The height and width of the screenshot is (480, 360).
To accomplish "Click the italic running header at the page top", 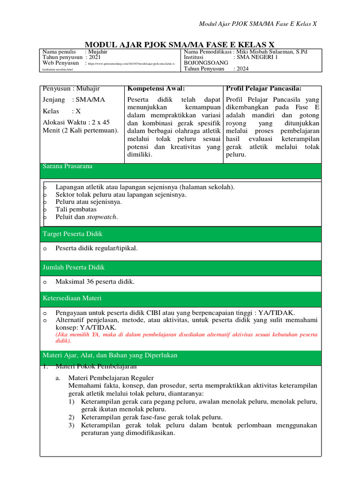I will coord(258,24).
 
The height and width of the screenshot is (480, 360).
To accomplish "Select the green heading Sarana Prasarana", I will coord(67,166).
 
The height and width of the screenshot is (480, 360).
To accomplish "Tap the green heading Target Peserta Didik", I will coord(73,233).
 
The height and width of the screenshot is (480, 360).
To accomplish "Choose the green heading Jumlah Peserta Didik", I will coord(74,267).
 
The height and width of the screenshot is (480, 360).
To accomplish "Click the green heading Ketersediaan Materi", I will coord(72,298).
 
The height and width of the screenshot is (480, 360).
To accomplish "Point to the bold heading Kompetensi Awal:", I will coord(156,89).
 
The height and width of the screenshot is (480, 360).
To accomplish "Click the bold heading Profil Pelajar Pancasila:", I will coord(264,89).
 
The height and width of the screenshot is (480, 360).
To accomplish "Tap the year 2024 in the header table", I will coord(243,68).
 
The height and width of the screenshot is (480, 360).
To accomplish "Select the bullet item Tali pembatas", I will coord(72,210).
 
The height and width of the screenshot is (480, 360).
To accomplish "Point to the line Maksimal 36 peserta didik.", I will coord(95,282).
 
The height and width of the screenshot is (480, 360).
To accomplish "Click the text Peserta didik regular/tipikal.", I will coord(97,248).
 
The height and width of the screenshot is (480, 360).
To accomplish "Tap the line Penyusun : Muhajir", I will coord(71,89).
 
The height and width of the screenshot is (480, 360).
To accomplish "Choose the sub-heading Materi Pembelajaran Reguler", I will coord(111,377).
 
